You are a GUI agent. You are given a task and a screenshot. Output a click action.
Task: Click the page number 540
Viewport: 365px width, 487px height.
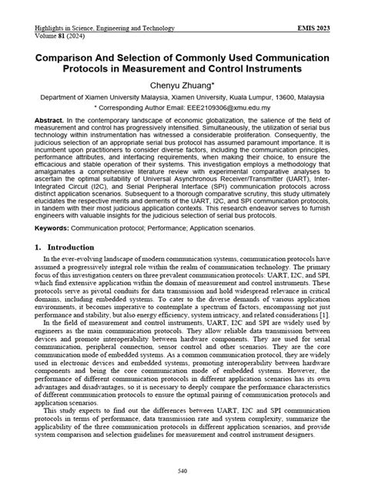(182, 471)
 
